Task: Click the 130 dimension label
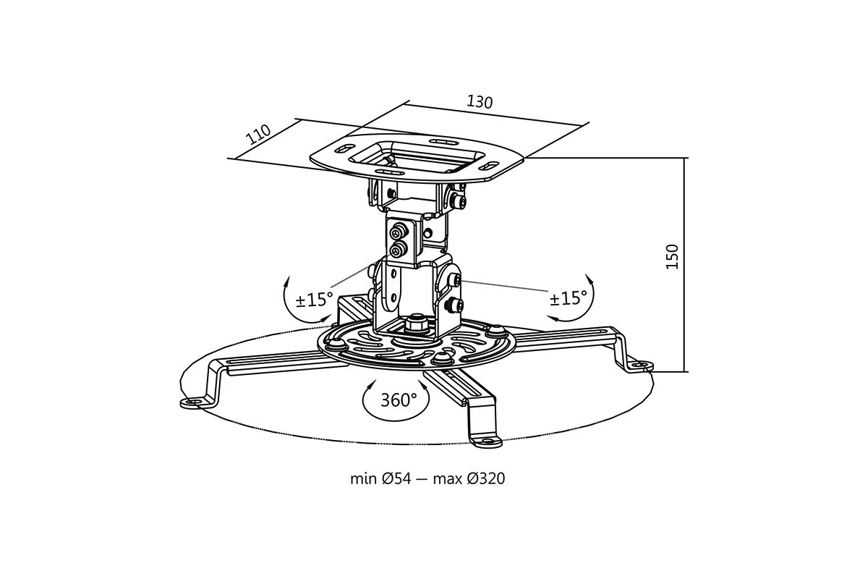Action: click(x=480, y=101)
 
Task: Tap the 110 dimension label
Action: click(x=258, y=134)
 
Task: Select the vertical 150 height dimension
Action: click(x=672, y=256)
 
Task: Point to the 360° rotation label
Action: click(x=399, y=400)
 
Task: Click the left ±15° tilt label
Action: click(x=314, y=299)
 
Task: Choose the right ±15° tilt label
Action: click(x=568, y=298)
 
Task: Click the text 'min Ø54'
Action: click(x=380, y=478)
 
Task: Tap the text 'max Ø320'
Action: click(x=469, y=478)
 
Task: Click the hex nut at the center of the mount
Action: click(x=416, y=324)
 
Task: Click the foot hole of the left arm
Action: click(x=192, y=402)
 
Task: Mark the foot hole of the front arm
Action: click(x=487, y=441)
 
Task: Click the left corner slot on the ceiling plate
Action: click(x=344, y=148)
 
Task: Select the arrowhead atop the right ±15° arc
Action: click(x=589, y=279)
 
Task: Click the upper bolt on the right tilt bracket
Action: click(x=456, y=279)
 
